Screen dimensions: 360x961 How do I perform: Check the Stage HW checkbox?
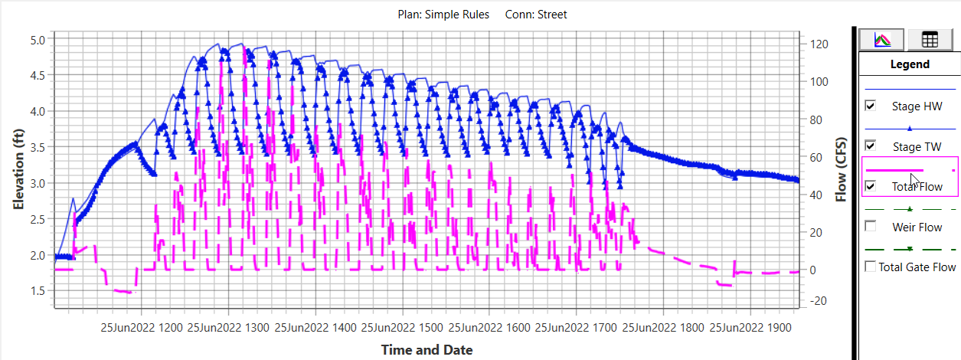tap(870, 106)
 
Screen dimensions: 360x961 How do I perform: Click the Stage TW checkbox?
tap(870, 146)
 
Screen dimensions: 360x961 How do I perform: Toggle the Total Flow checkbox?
tap(870, 186)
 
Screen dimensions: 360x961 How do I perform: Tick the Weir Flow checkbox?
tap(870, 227)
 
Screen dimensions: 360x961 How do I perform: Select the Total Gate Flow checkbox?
tap(870, 267)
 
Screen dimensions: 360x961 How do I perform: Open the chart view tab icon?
tap(882, 39)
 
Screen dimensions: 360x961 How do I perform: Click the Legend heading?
tap(910, 64)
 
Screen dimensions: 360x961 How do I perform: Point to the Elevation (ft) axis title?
tap(19, 169)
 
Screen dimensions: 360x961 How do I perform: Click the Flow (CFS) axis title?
tap(842, 169)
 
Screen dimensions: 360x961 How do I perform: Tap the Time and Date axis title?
tap(427, 350)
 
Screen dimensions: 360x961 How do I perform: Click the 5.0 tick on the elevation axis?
tap(38, 40)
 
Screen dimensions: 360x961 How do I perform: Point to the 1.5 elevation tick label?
tap(38, 291)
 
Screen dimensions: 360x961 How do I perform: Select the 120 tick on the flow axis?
tap(818, 44)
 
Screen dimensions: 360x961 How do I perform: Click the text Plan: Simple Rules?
tap(443, 15)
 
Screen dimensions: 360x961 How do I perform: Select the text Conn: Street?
tap(536, 15)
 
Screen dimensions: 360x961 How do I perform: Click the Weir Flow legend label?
tap(917, 227)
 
